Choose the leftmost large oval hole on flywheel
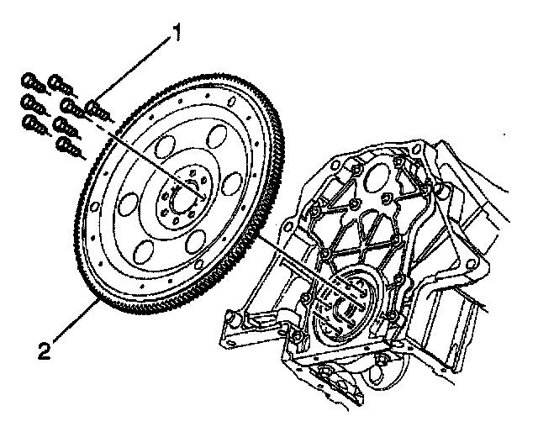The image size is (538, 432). pyautogui.click(x=130, y=203)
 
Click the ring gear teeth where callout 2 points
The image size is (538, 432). pyautogui.click(x=102, y=295)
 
